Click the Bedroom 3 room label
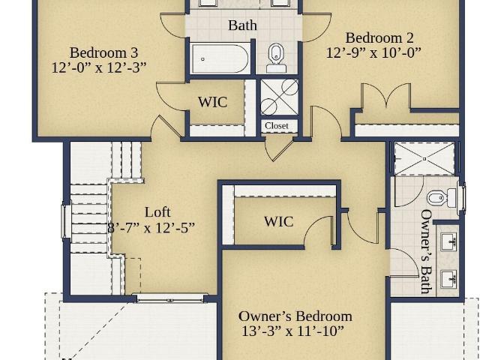pyautogui.click(x=104, y=52)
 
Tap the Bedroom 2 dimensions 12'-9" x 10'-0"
pyautogui.click(x=373, y=52)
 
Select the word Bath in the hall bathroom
pyautogui.click(x=242, y=25)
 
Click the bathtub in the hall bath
pyautogui.click(x=220, y=58)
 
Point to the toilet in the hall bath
pyautogui.click(x=277, y=58)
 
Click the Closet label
pyautogui.click(x=277, y=126)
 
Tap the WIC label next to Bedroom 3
pyautogui.click(x=212, y=102)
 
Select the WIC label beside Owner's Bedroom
pyautogui.click(x=278, y=222)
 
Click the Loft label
pyautogui.click(x=157, y=212)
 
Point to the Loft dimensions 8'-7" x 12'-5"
pyautogui.click(x=151, y=228)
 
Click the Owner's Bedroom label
pyautogui.click(x=295, y=316)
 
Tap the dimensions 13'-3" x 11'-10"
pyautogui.click(x=292, y=331)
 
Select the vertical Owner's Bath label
pyautogui.click(x=427, y=251)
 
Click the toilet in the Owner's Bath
pyautogui.click(x=442, y=198)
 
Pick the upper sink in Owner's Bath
pyautogui.click(x=448, y=241)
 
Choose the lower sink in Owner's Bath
pyautogui.click(x=448, y=279)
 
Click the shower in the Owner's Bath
pyautogui.click(x=424, y=159)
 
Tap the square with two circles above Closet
pyautogui.click(x=279, y=97)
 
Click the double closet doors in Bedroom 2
pyautogui.click(x=386, y=95)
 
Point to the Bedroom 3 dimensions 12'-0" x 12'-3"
pyautogui.click(x=99, y=67)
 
